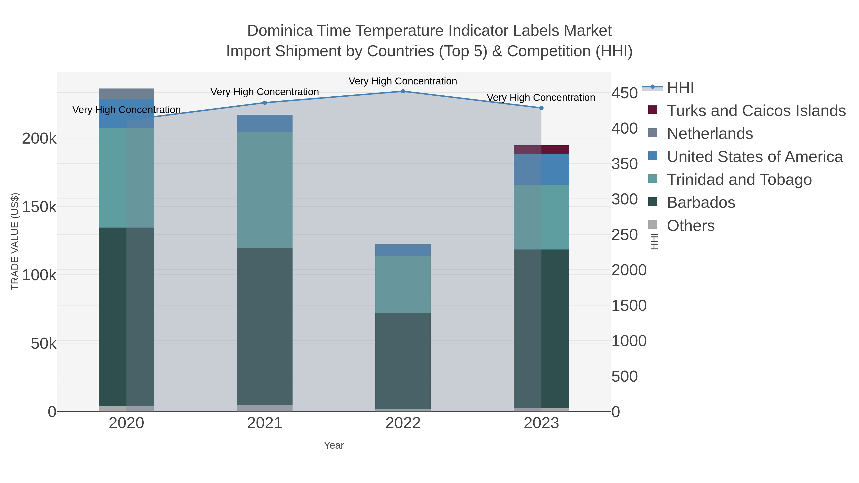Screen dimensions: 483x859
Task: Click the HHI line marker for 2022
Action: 403,91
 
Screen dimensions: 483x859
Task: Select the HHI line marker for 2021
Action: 265,103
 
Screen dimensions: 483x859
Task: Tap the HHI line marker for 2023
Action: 541,108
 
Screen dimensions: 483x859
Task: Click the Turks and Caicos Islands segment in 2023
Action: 541,149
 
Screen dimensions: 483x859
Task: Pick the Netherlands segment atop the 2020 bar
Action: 126,94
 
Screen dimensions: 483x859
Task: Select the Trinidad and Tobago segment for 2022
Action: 403,284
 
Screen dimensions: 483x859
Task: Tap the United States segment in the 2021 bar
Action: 265,123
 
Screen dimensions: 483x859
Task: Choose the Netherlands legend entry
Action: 710,134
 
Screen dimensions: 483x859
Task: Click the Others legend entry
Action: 690,226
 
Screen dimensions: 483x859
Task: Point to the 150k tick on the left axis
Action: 39,207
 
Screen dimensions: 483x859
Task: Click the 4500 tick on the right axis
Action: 624,93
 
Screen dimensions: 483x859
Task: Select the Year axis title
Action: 334,445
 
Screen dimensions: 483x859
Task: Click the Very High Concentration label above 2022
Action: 403,81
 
